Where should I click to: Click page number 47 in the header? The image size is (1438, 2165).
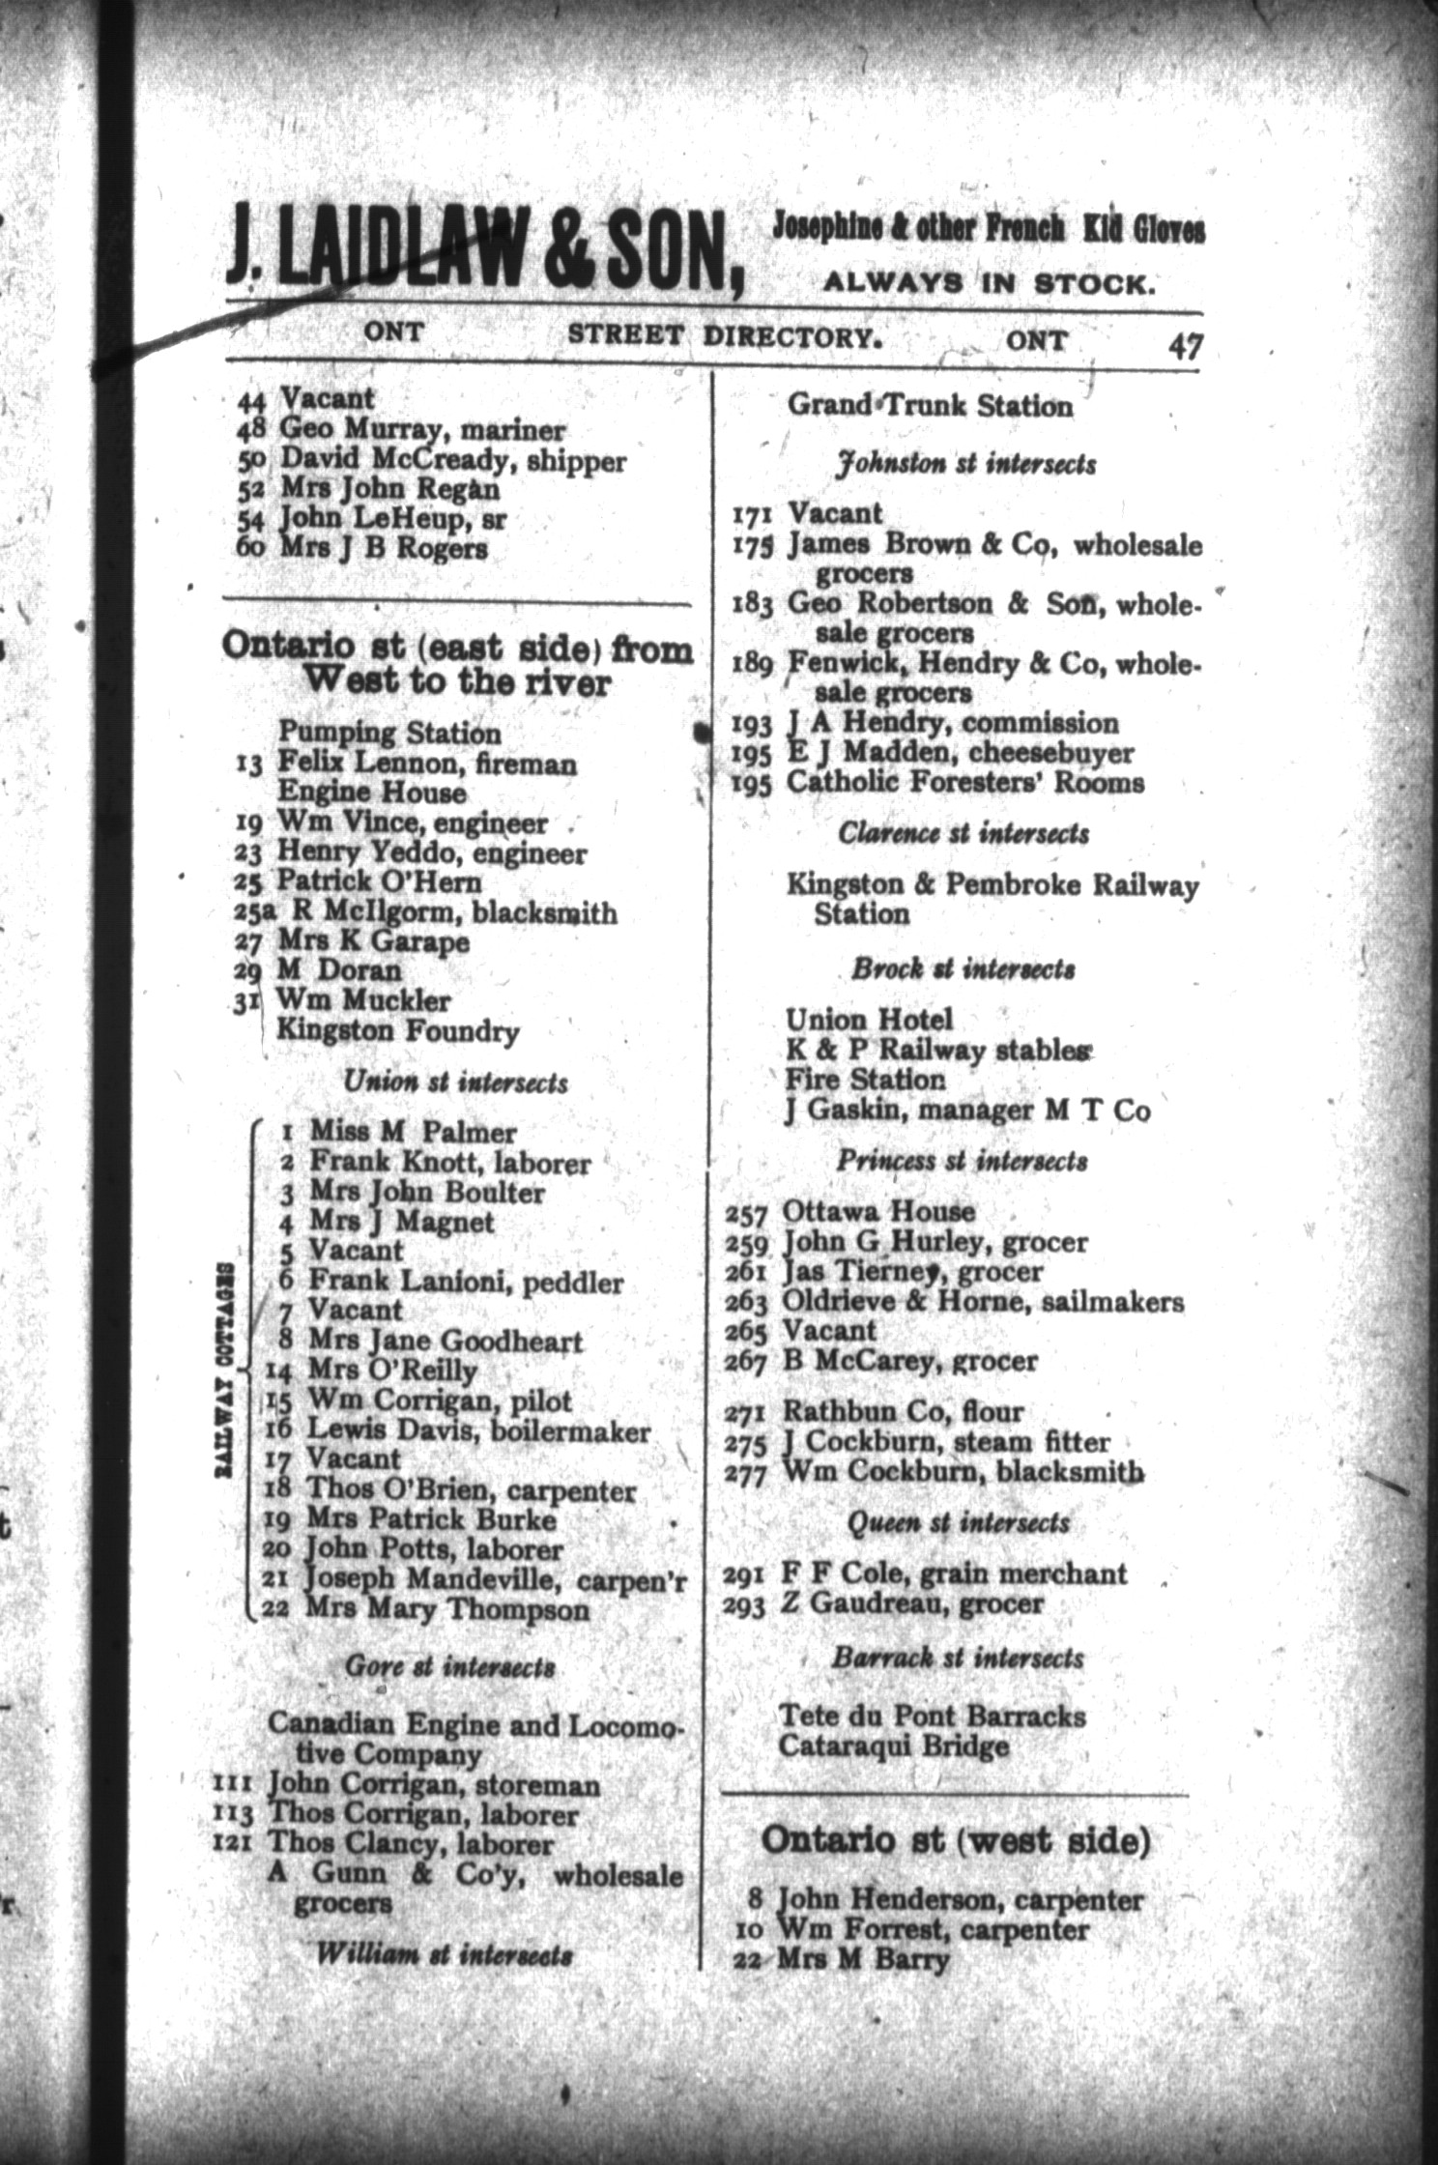pyautogui.click(x=1183, y=346)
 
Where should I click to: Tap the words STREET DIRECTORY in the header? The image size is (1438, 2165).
pyautogui.click(x=724, y=336)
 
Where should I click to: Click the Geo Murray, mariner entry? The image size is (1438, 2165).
pyautogui.click(x=422, y=430)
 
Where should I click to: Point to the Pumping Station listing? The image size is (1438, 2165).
pyautogui.click(x=389, y=734)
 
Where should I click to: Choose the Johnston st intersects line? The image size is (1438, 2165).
pyautogui.click(x=965, y=465)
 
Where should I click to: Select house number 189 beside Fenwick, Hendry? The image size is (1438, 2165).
pyautogui.click(x=751, y=665)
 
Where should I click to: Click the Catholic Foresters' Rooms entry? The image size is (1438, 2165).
pyautogui.click(x=964, y=782)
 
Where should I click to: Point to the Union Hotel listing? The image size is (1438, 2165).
pyautogui.click(x=869, y=1019)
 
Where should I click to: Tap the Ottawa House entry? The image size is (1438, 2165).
pyautogui.click(x=878, y=1211)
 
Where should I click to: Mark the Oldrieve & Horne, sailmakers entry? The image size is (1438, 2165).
pyautogui.click(x=982, y=1302)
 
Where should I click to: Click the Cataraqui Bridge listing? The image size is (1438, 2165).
pyautogui.click(x=894, y=1746)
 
